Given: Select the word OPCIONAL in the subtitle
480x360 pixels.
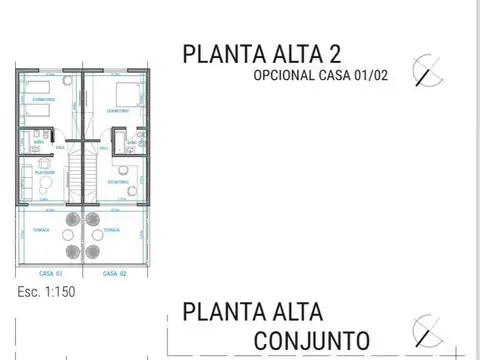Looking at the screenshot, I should [286, 77].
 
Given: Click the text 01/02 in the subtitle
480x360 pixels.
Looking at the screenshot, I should [368, 77].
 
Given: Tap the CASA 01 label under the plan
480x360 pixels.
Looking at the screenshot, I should [52, 272].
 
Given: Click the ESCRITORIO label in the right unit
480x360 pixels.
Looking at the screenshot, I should [118, 182].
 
